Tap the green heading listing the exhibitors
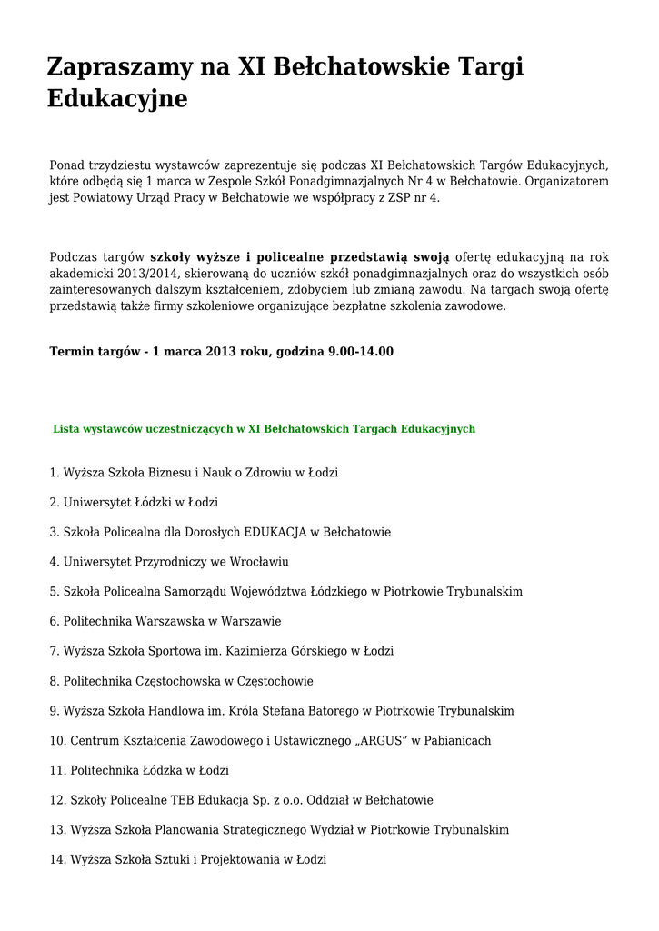pyautogui.click(x=264, y=428)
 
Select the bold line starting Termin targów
pyautogui.click(x=221, y=351)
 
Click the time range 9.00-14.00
pyautogui.click(x=361, y=351)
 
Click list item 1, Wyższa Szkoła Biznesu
pyautogui.click(x=194, y=473)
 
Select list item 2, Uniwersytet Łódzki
pyautogui.click(x=134, y=502)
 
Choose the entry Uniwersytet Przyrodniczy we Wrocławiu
pyautogui.click(x=169, y=562)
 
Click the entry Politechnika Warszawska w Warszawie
pyautogui.click(x=165, y=621)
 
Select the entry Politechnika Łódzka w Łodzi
pyautogui.click(x=139, y=770)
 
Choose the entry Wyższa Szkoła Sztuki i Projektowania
pyautogui.click(x=187, y=859)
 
